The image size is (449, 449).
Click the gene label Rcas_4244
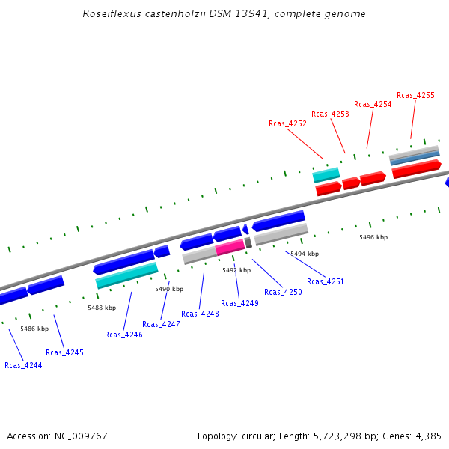pos(23,365)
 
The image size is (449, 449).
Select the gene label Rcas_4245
pos(64,352)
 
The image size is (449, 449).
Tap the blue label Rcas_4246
pos(123,335)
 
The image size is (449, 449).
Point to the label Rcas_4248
pos(200,314)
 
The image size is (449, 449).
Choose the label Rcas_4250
pos(283,292)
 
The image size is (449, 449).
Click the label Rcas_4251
pos(326,281)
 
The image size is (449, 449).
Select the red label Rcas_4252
pos(287,123)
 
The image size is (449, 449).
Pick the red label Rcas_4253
pos(330,114)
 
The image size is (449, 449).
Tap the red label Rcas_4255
pos(415,95)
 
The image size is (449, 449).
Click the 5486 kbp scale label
pos(34,329)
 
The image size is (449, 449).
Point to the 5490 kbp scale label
pos(169,289)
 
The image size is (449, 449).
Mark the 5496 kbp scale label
pos(373,237)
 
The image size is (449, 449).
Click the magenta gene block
pos(230,246)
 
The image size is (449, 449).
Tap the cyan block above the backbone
pos(326,174)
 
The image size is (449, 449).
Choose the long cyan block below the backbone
pos(127,275)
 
